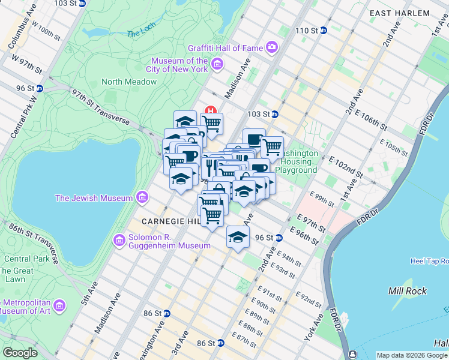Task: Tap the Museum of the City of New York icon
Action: coord(217,64)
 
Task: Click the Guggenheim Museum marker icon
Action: coord(119,241)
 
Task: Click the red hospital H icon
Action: coord(211,110)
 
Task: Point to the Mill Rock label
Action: coord(408,291)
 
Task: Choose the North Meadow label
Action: coord(129,82)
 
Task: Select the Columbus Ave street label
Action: coord(17,29)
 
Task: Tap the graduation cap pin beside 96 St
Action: coord(238,237)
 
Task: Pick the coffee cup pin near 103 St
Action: coord(254,139)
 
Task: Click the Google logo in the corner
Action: coord(20,353)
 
